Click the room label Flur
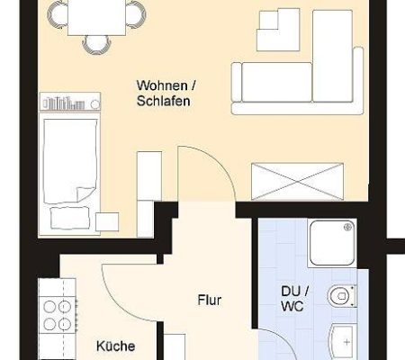tap(210, 300)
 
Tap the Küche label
tap(115, 346)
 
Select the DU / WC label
tap(295, 299)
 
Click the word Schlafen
tap(164, 101)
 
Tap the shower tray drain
tap(348, 227)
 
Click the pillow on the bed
tap(70, 218)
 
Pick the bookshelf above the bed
tap(70, 102)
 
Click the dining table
tap(97, 17)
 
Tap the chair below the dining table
tap(95, 45)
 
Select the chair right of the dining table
tap(136, 14)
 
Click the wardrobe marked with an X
tap(298, 181)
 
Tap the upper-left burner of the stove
tap(49, 307)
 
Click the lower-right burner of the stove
tap(65, 324)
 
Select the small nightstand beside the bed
tap(107, 222)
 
